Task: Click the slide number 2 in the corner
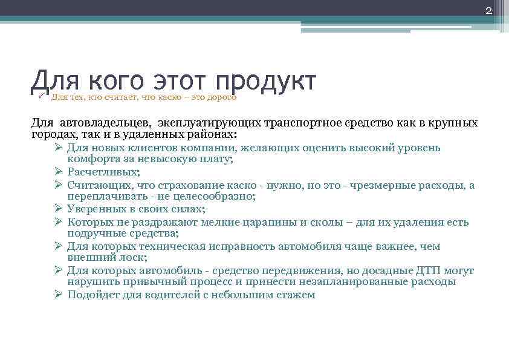[489, 11]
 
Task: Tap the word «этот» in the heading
[178, 82]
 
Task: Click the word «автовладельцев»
[103, 123]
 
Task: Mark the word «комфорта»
[91, 159]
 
